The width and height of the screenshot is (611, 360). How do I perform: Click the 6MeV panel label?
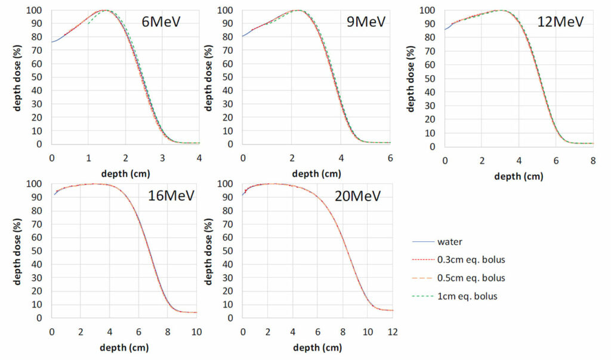pyautogui.click(x=161, y=21)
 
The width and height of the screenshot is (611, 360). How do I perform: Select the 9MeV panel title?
pyautogui.click(x=366, y=21)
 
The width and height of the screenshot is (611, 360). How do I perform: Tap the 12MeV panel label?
pyautogui.click(x=560, y=21)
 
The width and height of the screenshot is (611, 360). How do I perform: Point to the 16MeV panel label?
pyautogui.click(x=171, y=195)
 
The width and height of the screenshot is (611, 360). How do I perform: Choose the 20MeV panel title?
pyautogui.click(x=357, y=195)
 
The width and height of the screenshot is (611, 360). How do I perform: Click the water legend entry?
pyautogui.click(x=450, y=242)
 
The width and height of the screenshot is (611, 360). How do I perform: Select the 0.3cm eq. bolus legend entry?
pyautogui.click(x=471, y=260)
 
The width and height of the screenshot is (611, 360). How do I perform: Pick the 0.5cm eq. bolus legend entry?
pyautogui.click(x=471, y=278)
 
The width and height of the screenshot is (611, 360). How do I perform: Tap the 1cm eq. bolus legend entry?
pyautogui.click(x=467, y=297)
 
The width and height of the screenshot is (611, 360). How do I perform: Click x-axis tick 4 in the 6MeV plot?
pyautogui.click(x=199, y=158)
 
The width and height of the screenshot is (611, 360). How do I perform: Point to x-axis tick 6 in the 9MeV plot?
pyautogui.click(x=390, y=158)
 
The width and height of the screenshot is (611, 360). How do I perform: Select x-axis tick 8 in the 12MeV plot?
pyautogui.click(x=593, y=161)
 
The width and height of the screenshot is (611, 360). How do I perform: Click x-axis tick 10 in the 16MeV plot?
pyautogui.click(x=196, y=332)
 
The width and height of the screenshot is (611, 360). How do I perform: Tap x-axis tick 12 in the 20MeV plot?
pyautogui.click(x=393, y=332)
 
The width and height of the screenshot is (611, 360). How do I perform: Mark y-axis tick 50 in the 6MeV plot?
pyautogui.click(x=36, y=77)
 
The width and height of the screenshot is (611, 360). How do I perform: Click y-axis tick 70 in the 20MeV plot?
pyautogui.click(x=227, y=224)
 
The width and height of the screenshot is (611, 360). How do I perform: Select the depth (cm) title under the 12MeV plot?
pyautogui.click(x=519, y=176)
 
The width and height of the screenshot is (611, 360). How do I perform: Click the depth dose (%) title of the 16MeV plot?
pyautogui.click(x=17, y=251)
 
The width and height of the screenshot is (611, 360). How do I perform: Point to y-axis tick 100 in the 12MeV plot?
pyautogui.click(x=427, y=10)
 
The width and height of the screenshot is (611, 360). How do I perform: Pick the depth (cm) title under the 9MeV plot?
pyautogui.click(x=316, y=174)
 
